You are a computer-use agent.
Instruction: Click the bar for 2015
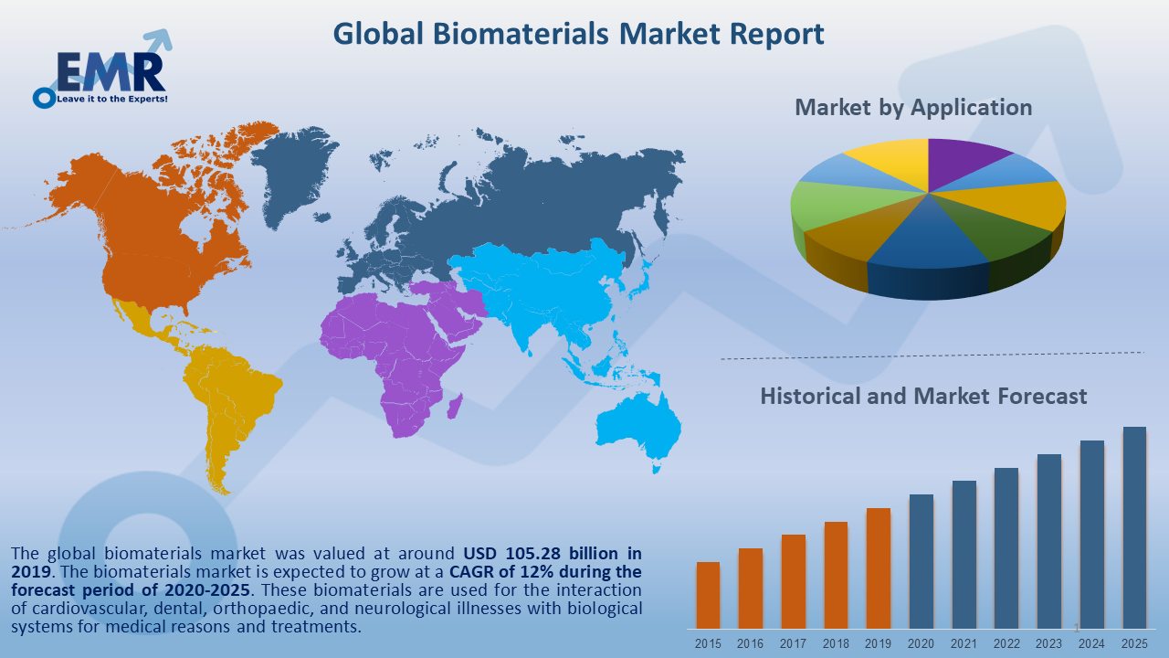coord(708,594)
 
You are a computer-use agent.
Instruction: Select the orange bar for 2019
coord(878,568)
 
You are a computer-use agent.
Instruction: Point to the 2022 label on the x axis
coord(1006,643)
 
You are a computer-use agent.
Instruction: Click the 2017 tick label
coord(793,643)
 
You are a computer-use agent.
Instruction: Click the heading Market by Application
coord(913,107)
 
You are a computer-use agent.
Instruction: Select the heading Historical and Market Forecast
coord(923,396)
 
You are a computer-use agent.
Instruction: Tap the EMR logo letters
coord(111,70)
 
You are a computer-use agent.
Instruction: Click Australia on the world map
coord(639,430)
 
